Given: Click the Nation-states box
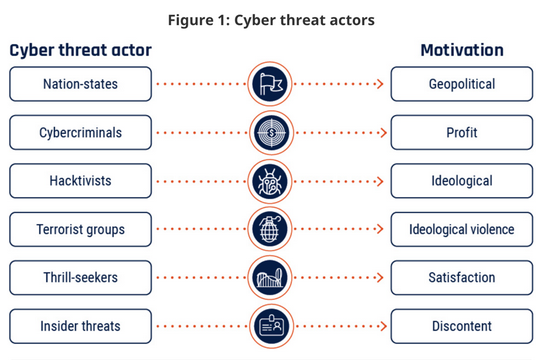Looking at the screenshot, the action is click(x=81, y=84).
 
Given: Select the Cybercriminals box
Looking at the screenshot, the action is click(x=81, y=132).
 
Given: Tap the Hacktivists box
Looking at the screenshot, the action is click(x=81, y=181).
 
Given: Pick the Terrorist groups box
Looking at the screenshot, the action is click(x=81, y=229).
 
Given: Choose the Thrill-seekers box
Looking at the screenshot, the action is click(x=81, y=278).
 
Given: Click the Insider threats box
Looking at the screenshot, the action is click(x=81, y=326).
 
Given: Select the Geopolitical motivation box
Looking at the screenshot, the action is click(x=462, y=84).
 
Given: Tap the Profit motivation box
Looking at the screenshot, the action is click(x=462, y=132).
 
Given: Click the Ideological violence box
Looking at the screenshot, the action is click(x=462, y=229).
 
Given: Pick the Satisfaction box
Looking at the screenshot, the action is click(x=462, y=278).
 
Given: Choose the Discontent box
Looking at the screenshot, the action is click(x=462, y=326).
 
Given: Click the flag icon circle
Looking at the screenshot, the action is click(x=270, y=84).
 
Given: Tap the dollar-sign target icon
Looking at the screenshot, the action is click(x=271, y=132).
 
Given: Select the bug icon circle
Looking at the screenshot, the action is click(x=270, y=181).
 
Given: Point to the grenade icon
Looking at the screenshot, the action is click(x=270, y=229).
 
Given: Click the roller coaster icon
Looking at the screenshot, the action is click(x=270, y=278).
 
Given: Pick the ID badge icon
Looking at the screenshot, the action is click(x=271, y=326).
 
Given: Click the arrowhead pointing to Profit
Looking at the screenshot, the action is click(x=383, y=132).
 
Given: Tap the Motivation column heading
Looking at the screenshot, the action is click(x=462, y=50).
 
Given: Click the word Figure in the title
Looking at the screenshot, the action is click(x=191, y=20).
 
